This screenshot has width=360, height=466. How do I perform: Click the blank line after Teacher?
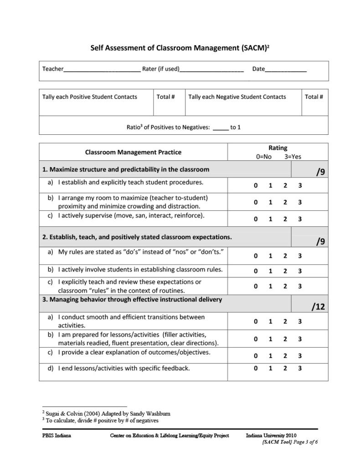102,70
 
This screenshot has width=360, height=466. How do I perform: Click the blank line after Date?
286,70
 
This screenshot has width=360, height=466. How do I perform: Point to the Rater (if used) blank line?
211,70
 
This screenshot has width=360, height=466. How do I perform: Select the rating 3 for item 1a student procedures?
300,185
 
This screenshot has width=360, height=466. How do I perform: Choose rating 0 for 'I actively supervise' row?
256,219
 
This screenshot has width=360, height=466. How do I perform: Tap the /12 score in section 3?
319,307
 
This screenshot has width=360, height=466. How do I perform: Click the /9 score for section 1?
320,172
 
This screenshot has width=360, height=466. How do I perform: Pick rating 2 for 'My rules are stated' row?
285,256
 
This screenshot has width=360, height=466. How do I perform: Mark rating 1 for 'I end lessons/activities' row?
270,368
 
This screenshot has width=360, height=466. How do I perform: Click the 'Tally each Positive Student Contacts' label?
90,97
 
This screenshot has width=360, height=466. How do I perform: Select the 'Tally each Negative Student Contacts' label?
237,97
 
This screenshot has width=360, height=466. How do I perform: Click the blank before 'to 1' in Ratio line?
221,128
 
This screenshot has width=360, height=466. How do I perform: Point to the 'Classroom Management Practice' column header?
133,152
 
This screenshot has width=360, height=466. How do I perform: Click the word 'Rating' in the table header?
278,148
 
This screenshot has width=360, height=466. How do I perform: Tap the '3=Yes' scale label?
293,157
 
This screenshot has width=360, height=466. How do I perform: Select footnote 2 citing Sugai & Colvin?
106,414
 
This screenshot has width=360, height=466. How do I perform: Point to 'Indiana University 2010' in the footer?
271,435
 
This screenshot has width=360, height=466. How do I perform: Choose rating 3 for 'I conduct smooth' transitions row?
300,322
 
